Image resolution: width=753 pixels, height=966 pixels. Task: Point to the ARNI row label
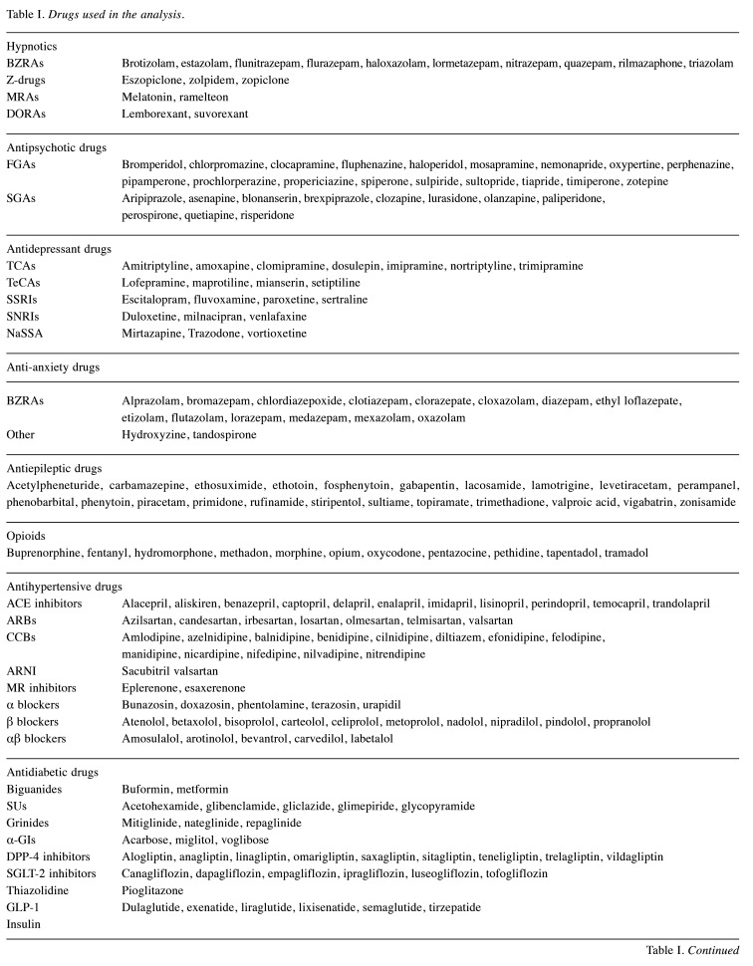pos(23,670)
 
